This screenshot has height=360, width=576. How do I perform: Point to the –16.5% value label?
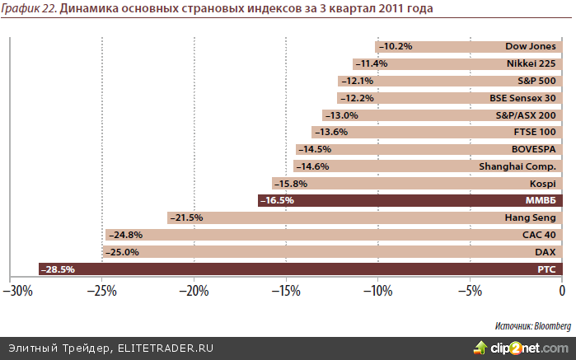coord(278,200)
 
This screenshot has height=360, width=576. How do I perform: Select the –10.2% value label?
coord(395,47)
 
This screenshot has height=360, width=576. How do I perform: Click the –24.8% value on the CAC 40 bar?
coord(124,235)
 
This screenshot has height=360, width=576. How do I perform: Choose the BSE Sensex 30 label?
coord(522,98)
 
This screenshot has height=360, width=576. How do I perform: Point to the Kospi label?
coord(543,183)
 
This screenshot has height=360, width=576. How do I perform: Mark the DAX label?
coord(546,252)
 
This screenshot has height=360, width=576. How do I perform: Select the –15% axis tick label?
coord(286,291)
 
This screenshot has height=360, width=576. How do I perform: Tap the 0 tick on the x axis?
coord(561,291)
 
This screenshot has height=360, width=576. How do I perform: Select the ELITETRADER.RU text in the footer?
coord(165,348)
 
